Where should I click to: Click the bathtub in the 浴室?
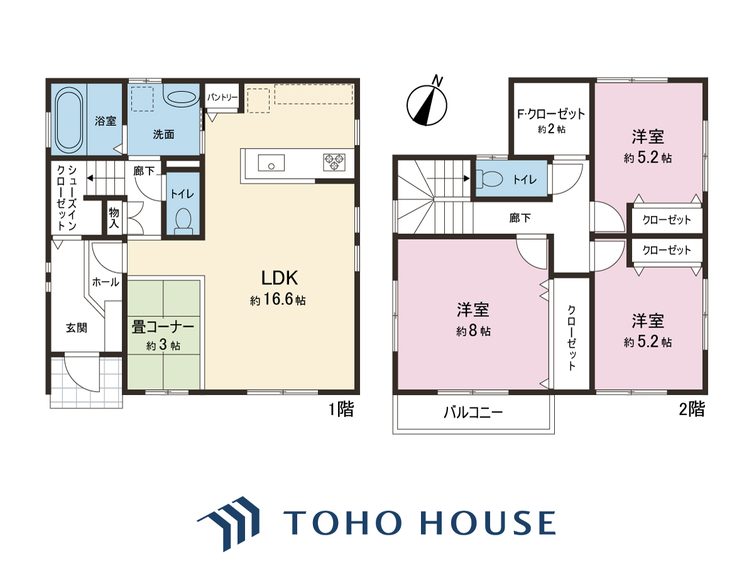coord(69,119)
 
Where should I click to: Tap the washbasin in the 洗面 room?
coord(182,97)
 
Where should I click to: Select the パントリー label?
coord(222,97)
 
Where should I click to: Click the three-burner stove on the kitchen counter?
coord(334,162)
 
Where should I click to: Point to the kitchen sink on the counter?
coord(271,162)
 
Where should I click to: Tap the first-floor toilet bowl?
coord(183,221)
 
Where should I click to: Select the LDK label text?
coord(279,278)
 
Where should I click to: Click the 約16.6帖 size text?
coord(278,300)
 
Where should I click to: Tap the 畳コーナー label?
coord(163,327)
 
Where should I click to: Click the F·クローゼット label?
coord(551,114)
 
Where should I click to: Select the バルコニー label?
coord(473,412)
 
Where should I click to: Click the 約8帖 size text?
coord(473,331)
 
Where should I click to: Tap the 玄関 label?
coord(76,328)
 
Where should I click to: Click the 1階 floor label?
coord(341,409)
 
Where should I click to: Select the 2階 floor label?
coord(692,409)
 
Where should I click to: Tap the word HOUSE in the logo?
coord(488,523)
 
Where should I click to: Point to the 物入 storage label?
coord(114,218)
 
